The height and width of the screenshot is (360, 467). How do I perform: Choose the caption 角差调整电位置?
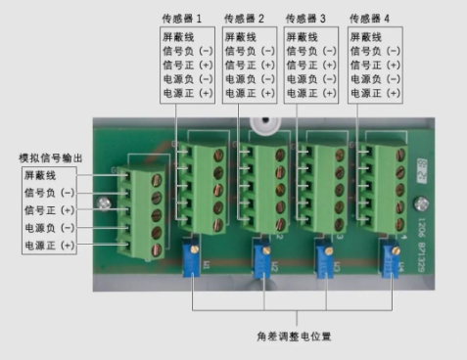pos(294,337)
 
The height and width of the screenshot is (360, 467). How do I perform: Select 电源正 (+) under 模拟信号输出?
pos(49,245)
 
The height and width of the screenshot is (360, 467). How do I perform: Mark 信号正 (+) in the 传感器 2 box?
pos(249,65)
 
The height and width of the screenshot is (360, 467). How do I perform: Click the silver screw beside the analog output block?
pos(102,203)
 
